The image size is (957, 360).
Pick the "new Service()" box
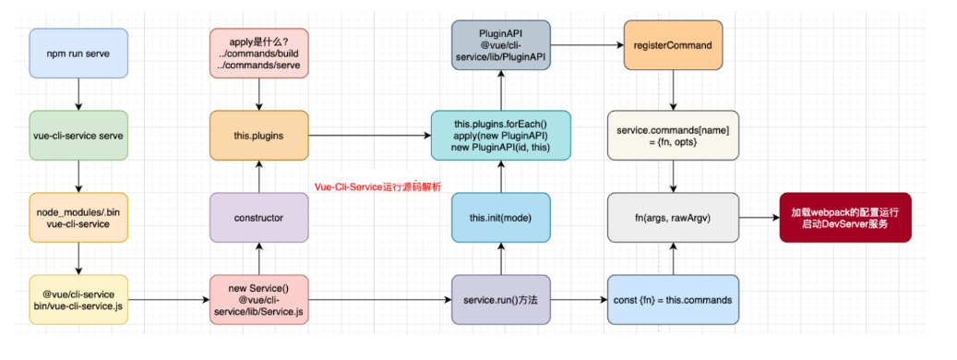tap(259, 299)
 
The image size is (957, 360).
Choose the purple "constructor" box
tap(259, 217)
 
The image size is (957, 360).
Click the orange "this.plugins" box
tap(259, 135)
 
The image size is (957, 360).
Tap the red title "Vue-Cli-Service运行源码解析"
tap(377, 186)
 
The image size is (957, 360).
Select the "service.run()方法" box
tap(500, 299)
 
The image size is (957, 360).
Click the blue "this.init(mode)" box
tap(500, 217)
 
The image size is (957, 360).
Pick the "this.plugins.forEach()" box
tap(500, 135)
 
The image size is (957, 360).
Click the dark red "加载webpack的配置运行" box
tap(844, 217)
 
